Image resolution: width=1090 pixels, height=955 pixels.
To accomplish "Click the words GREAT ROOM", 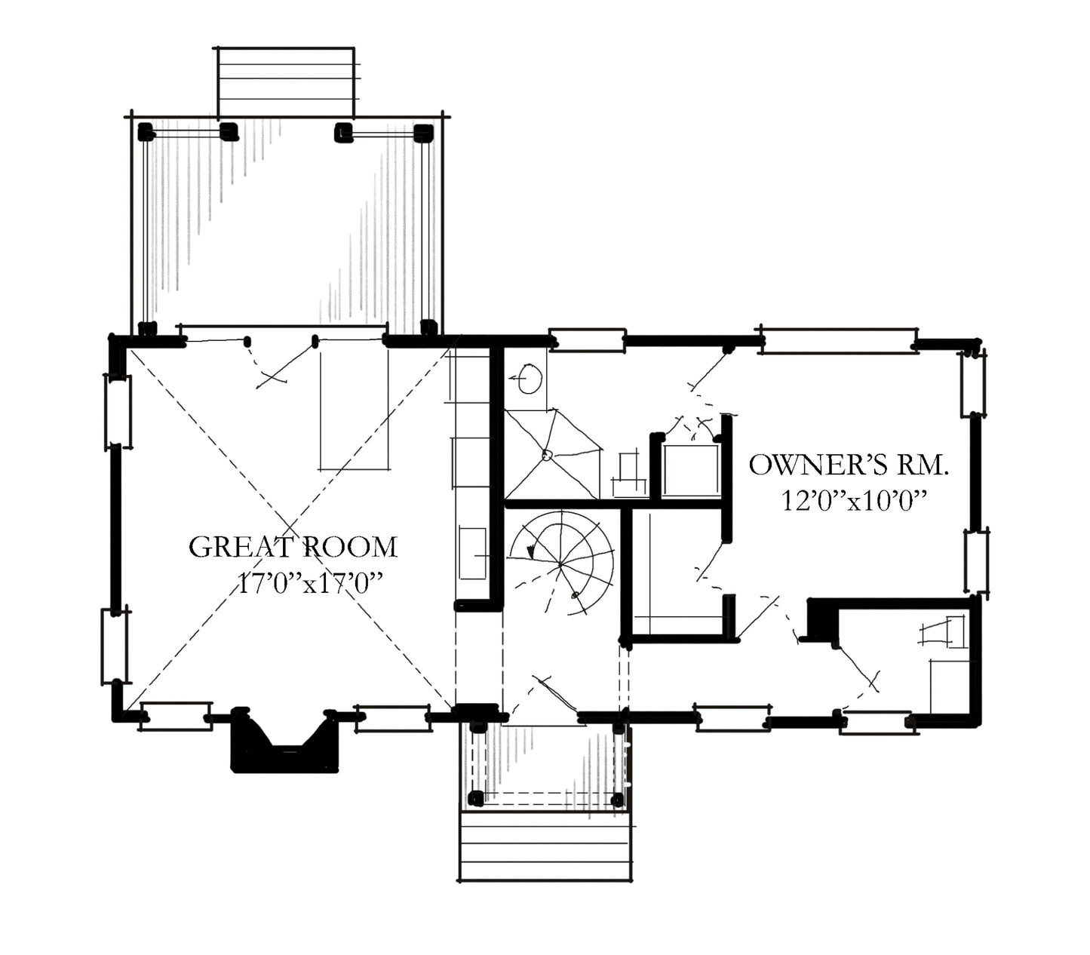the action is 293,547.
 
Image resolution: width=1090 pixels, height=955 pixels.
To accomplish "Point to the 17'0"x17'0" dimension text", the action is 310,582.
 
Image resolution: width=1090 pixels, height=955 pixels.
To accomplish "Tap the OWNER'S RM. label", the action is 849,465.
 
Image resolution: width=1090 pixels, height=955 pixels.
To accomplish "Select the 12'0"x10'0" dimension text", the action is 854,501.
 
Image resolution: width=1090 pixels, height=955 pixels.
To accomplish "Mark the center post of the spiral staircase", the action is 560,564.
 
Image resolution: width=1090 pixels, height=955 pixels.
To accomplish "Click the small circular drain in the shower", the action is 547,455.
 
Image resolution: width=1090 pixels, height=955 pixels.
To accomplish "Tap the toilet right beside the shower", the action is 629,475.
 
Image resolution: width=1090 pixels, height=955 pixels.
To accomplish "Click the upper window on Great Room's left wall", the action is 118,412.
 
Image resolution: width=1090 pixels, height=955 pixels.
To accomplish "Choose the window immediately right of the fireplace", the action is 393,717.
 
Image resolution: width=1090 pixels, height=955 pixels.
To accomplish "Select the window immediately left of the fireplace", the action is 176,716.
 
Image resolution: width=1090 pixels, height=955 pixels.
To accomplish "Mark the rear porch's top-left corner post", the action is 146,132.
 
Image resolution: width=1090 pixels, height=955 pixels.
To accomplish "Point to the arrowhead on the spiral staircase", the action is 531,551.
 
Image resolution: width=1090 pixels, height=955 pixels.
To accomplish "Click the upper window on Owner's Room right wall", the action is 973,384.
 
